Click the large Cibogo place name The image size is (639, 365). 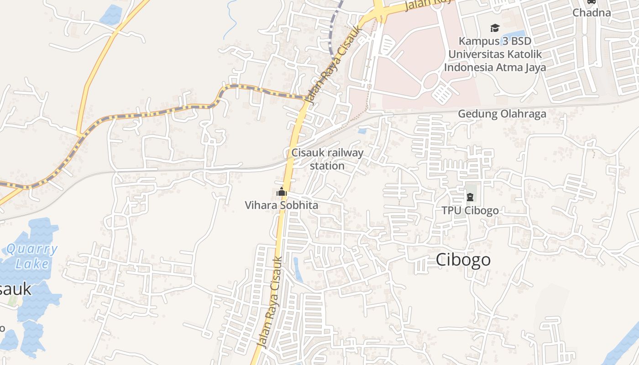tap(463, 260)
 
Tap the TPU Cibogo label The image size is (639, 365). tap(470, 211)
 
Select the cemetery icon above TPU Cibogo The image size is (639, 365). tap(470, 197)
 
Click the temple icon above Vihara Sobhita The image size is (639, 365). tap(281, 193)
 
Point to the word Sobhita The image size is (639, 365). tap(299, 205)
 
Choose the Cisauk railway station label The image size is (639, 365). tap(327, 159)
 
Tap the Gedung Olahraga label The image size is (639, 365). tap(502, 114)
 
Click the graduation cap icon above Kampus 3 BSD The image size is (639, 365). tap(495, 29)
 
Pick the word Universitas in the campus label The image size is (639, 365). tap(474, 54)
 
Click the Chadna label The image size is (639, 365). tap(592, 13)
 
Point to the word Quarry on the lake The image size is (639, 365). tap(32, 249)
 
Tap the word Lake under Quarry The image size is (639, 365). tap(32, 264)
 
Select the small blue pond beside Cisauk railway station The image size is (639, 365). tap(362, 131)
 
